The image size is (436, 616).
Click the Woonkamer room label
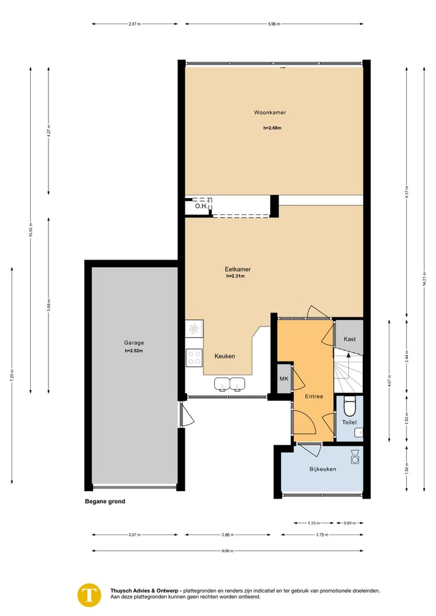click(270, 113)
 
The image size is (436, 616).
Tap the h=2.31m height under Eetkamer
click(235, 276)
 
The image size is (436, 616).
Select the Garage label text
click(134, 343)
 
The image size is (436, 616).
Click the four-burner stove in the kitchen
click(194, 357)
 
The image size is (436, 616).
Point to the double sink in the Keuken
click(230, 383)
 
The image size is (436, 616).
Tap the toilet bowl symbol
click(349, 405)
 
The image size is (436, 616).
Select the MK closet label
click(283, 379)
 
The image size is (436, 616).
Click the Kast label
click(349, 339)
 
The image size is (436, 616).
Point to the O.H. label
click(201, 207)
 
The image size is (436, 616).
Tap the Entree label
click(314, 397)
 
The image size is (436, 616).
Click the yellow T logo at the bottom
click(90, 594)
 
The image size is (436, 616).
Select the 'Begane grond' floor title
click(105, 502)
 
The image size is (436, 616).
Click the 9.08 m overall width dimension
click(228, 551)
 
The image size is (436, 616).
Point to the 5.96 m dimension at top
click(274, 24)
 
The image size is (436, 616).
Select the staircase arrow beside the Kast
click(348, 368)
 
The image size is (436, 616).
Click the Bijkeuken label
click(323, 469)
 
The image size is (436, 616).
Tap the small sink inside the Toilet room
click(358, 432)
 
